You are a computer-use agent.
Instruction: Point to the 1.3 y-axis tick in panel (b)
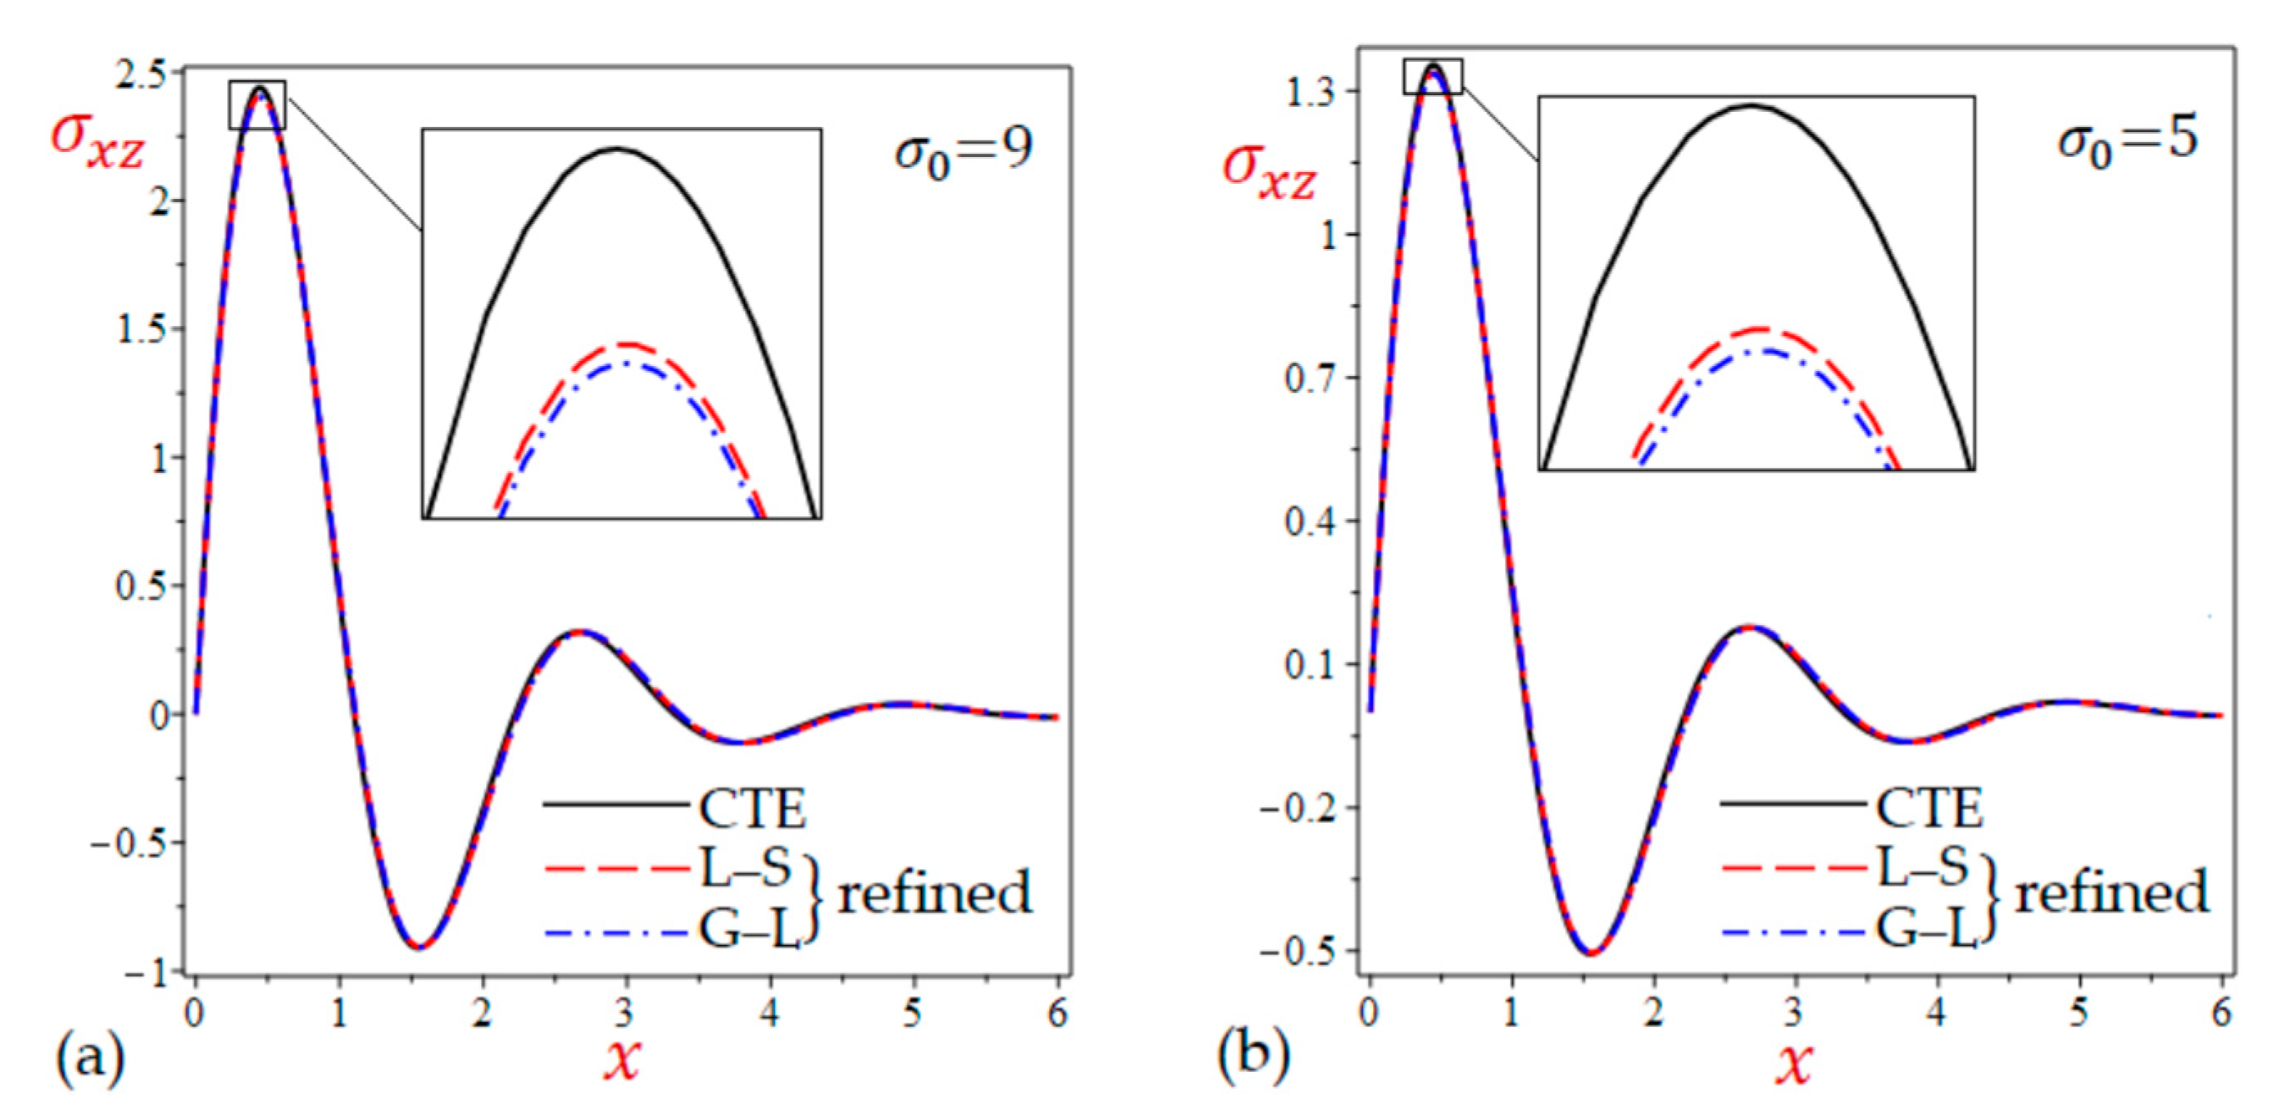pyautogui.click(x=1310, y=92)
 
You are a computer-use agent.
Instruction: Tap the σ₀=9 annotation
pyautogui.click(x=963, y=151)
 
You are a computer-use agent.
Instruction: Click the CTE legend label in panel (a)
pyautogui.click(x=752, y=808)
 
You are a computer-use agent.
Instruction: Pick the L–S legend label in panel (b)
pyautogui.click(x=1922, y=867)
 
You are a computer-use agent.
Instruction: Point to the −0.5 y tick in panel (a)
pyautogui.click(x=130, y=842)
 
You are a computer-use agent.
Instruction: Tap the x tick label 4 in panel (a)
pyautogui.click(x=770, y=1013)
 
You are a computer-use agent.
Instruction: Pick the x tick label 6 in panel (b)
pyautogui.click(x=2221, y=1013)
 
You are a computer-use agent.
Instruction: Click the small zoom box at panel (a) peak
pyautogui.click(x=257, y=104)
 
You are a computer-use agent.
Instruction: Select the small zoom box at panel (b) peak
pyautogui.click(x=1433, y=76)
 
